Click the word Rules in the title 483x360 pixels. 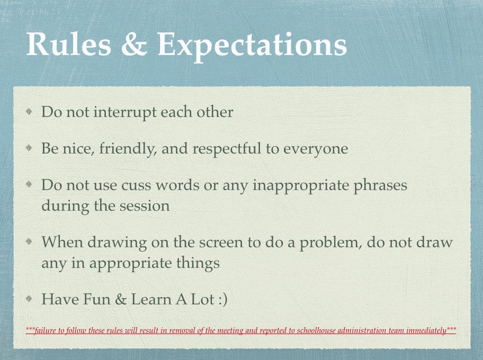tap(69, 44)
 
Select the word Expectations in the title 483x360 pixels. tap(252, 47)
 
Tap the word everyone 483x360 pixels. tap(316, 150)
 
